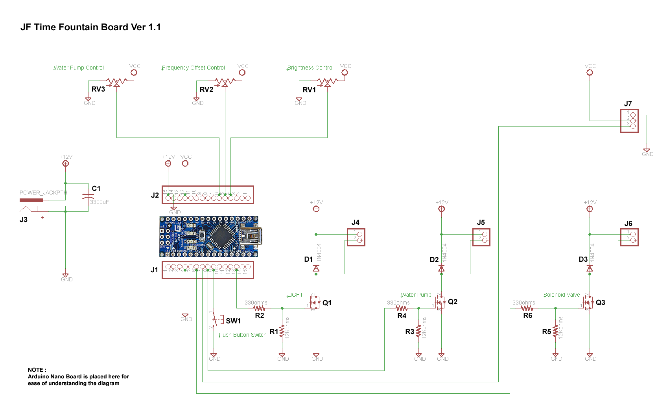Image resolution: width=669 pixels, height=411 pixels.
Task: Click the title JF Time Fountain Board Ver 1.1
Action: coord(90,27)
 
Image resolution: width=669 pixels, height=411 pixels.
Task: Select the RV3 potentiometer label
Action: coord(98,89)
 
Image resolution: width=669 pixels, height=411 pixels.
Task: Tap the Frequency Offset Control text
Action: coord(194,68)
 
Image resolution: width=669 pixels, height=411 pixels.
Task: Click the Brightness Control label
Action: coord(310,68)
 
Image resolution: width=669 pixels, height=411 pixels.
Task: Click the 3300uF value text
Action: coord(100,202)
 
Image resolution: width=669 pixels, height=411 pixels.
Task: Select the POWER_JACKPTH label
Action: coord(43,193)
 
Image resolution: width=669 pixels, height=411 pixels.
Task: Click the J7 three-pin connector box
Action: coord(629,121)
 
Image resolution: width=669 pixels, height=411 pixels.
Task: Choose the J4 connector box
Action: coord(356,237)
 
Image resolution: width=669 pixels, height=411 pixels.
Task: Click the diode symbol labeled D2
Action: coord(441,269)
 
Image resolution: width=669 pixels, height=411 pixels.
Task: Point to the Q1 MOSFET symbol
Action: coord(315,303)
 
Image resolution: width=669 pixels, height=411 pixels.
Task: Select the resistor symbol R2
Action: coord(259,308)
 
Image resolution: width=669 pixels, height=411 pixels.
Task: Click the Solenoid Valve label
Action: coord(562,295)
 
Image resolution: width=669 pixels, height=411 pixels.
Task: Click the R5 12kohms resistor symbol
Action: coord(555,331)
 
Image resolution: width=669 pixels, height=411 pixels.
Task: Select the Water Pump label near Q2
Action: coord(416,295)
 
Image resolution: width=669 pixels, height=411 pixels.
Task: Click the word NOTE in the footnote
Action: coord(36,370)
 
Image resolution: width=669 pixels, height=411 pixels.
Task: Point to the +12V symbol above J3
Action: coord(66,163)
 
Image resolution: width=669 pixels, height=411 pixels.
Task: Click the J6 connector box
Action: coord(629,237)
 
